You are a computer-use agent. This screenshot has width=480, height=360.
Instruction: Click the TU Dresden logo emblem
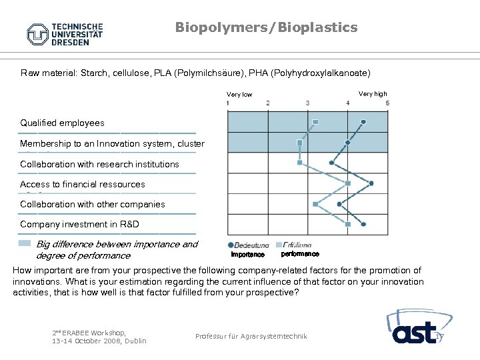[39, 34]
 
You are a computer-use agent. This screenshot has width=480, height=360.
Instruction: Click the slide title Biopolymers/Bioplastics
[266, 27]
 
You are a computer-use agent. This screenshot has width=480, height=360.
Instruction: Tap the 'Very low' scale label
[239, 95]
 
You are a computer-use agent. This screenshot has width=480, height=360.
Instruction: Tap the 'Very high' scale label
[372, 94]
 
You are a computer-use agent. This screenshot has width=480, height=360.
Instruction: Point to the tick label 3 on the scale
[307, 103]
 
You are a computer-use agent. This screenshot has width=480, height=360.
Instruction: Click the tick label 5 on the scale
[387, 103]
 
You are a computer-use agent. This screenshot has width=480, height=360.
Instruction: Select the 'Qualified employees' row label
[62, 123]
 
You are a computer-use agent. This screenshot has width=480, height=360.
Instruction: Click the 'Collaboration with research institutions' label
[99, 164]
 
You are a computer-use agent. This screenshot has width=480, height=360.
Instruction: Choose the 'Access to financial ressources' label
[82, 184]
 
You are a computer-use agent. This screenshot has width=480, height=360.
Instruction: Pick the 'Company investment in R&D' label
[79, 225]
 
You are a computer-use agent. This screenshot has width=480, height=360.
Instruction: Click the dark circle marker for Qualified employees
[363, 121]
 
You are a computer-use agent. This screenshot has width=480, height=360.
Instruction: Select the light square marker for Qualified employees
[315, 121]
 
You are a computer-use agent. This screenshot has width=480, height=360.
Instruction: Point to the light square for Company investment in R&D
[347, 224]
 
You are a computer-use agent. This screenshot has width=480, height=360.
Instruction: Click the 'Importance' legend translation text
[247, 254]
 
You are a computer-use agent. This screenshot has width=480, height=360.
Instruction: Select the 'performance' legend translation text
[300, 254]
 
